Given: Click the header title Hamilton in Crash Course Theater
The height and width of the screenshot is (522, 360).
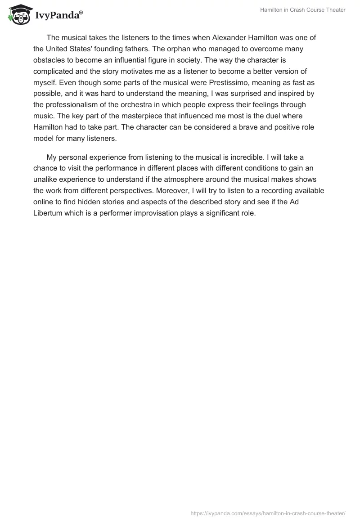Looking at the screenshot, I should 303,10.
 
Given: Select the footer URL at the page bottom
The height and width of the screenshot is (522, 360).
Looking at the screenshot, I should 268,513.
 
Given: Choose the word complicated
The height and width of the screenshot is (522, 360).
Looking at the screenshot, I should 53,72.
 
